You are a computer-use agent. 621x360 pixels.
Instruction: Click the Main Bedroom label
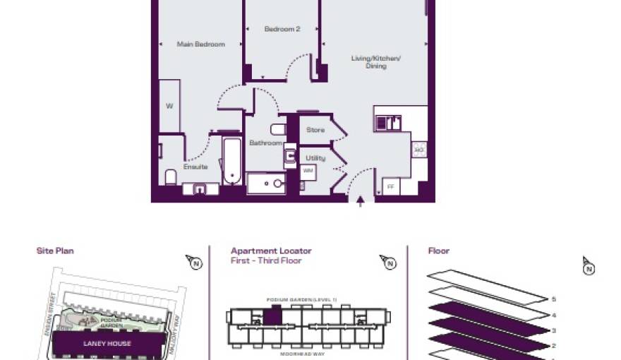[x=200, y=44]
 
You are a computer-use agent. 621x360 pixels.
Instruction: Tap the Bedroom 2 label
[x=282, y=30]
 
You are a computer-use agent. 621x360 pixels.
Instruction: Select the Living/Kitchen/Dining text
[x=375, y=61]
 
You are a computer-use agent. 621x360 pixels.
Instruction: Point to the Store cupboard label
[x=315, y=130]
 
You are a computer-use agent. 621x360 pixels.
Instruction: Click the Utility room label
[x=315, y=158]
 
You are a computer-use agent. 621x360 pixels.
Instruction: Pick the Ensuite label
[x=195, y=167]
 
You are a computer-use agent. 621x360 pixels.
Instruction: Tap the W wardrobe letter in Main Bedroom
[x=169, y=107]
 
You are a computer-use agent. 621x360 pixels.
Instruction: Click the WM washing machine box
[x=308, y=171]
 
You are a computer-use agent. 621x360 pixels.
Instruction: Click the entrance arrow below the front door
[x=361, y=203]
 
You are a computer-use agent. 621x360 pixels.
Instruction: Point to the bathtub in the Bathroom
[x=232, y=161]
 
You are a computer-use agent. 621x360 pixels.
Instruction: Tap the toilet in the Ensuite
[x=170, y=176]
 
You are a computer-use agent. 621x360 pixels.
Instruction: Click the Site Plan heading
[x=55, y=251]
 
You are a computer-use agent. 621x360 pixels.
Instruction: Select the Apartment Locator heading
[x=271, y=251]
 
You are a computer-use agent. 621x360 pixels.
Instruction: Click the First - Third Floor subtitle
[x=266, y=260]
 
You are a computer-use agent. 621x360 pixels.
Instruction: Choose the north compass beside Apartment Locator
[x=387, y=263]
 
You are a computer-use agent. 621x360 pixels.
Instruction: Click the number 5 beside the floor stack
[x=554, y=299]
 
